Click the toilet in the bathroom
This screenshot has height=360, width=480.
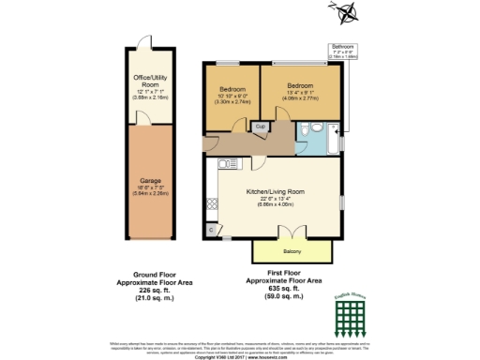(x=319, y=128)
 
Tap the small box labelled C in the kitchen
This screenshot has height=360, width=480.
(x=211, y=227)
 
